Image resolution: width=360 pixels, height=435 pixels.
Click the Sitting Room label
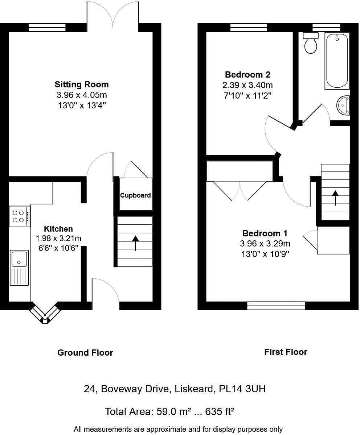(82, 84)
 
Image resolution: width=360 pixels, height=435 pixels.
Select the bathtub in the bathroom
(337, 60)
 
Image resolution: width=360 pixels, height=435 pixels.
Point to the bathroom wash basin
(343, 105)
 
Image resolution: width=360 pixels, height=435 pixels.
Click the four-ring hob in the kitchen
(19, 216)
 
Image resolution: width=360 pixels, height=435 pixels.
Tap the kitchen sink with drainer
(19, 267)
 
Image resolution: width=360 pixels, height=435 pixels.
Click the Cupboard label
(135, 195)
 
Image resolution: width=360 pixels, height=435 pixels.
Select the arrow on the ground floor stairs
(135, 243)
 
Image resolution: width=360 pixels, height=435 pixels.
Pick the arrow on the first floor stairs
(335, 198)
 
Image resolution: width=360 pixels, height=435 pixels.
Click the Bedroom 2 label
(247, 75)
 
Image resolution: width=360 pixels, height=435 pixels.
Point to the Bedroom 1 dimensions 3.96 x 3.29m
(265, 244)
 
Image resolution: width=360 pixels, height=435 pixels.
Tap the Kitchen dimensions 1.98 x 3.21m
(58, 239)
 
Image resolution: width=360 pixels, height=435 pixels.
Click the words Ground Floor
(85, 353)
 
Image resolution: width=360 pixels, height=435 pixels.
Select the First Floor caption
(286, 352)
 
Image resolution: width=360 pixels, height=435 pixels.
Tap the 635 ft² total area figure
(220, 411)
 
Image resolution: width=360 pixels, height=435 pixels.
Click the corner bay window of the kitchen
(44, 314)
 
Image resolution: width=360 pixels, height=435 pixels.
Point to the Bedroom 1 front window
(276, 306)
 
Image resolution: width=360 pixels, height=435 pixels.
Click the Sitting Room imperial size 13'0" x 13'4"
(82, 105)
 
